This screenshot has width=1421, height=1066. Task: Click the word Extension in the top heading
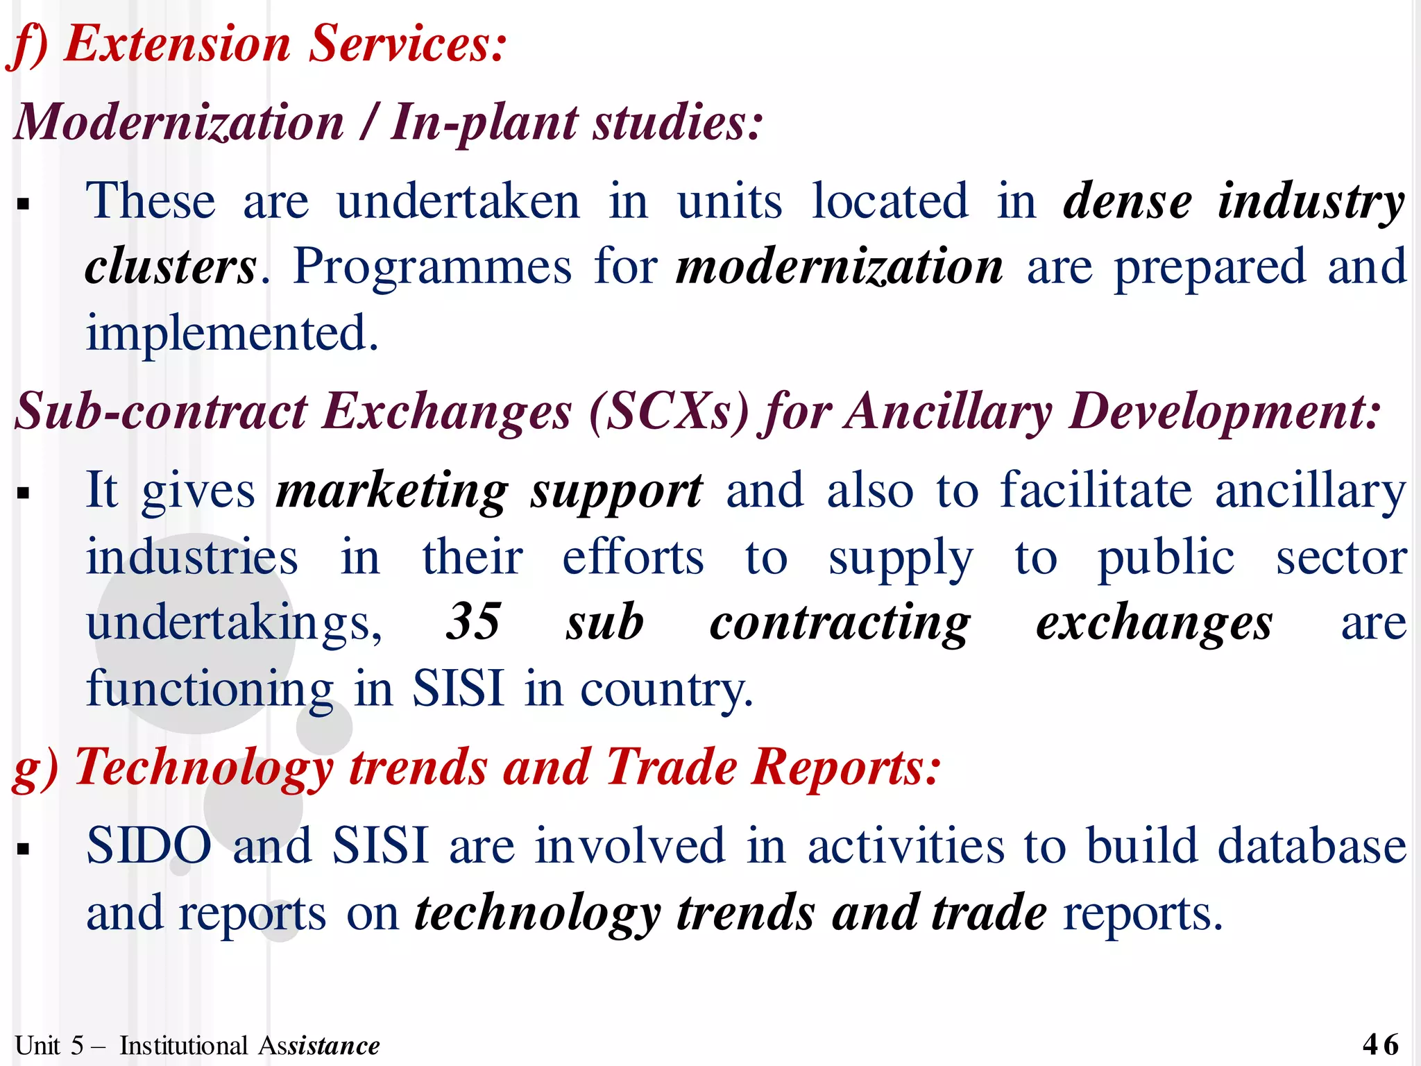[x=177, y=44]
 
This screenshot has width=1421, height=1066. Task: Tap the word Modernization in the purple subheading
[x=179, y=122]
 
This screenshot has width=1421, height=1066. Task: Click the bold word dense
[x=1128, y=201]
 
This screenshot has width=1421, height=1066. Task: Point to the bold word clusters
[x=171, y=267]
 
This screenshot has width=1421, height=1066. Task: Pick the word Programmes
[x=432, y=267]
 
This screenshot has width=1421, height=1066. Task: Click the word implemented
[x=232, y=333]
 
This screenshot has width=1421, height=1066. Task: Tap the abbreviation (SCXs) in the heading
[x=669, y=411]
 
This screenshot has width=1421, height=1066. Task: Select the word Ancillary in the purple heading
[x=949, y=411]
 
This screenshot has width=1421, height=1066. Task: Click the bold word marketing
[x=392, y=491]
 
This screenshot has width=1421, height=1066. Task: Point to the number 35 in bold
[x=473, y=621]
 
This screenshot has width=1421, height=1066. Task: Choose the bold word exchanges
[x=1154, y=623]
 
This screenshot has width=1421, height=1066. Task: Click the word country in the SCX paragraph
[x=665, y=689]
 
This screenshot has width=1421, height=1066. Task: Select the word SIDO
[x=148, y=845]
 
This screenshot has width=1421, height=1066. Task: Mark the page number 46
[x=1380, y=1044]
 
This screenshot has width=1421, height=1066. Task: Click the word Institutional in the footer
[x=183, y=1045]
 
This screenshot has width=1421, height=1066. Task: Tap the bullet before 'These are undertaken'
[x=24, y=205]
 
